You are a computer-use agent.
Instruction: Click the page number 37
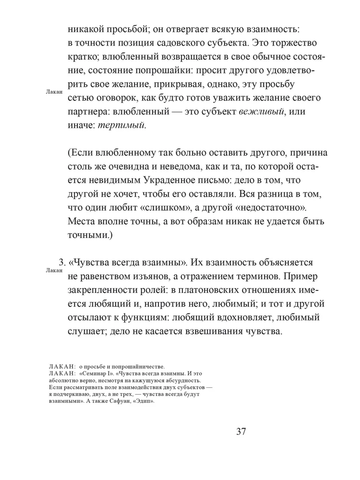click(241, 431)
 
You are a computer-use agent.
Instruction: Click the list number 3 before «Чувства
click(61, 263)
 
